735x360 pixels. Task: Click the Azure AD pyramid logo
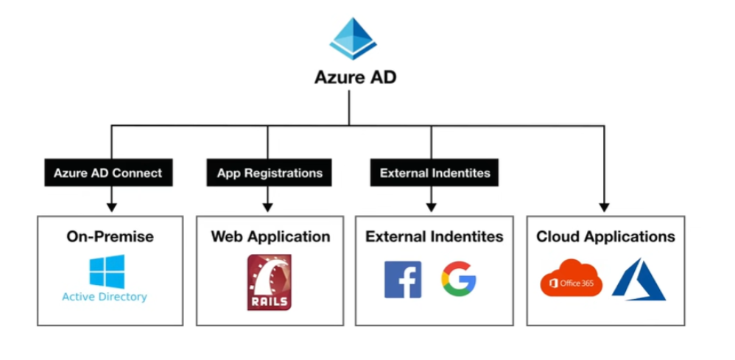pos(353,38)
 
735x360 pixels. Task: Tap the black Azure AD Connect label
pos(108,174)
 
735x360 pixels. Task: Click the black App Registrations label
pos(270,174)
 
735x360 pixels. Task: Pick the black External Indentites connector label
pos(434,174)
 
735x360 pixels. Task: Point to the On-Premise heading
pos(110,236)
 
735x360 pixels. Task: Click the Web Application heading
pos(270,236)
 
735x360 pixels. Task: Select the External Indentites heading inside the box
pos(435,236)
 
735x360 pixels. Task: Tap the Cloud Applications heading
pos(605,236)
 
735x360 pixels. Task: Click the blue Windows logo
pos(107,272)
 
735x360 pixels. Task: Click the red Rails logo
pos(269,282)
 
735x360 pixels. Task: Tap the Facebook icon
pos(403,280)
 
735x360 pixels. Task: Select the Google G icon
pos(459,280)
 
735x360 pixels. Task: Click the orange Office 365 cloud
pos(571,278)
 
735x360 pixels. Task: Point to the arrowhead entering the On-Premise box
pos(111,209)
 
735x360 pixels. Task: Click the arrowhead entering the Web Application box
pos(268,209)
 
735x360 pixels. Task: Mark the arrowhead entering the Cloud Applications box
pos(604,209)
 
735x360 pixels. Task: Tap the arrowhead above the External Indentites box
pos(432,209)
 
